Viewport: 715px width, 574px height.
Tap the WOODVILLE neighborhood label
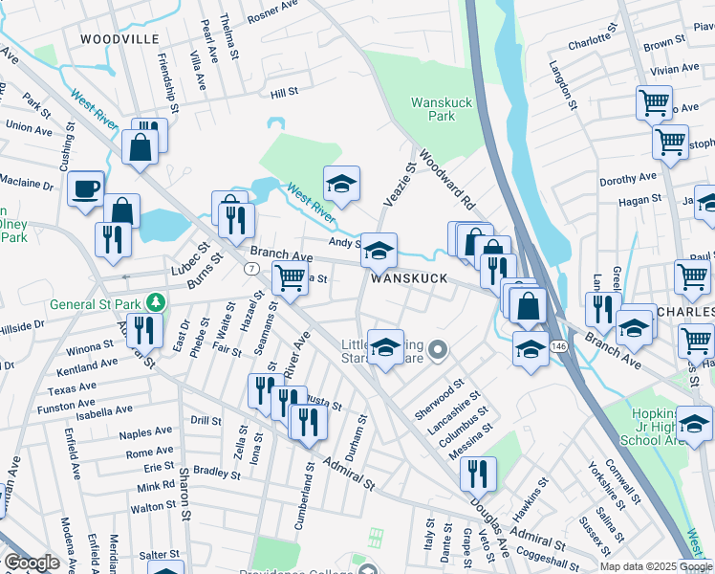point(119,39)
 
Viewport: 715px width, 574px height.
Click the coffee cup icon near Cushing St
point(86,188)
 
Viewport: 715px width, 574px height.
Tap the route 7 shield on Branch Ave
point(250,270)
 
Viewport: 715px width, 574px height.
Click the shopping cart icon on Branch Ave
point(289,278)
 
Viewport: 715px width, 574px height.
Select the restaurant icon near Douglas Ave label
point(477,473)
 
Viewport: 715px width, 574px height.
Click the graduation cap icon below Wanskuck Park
point(341,183)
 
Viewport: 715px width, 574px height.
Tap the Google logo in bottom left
point(32,563)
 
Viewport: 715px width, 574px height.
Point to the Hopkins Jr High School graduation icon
point(695,421)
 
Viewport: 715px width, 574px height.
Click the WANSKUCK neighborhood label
point(409,278)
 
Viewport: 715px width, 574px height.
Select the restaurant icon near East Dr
point(143,330)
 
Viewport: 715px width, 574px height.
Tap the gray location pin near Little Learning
point(438,351)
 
